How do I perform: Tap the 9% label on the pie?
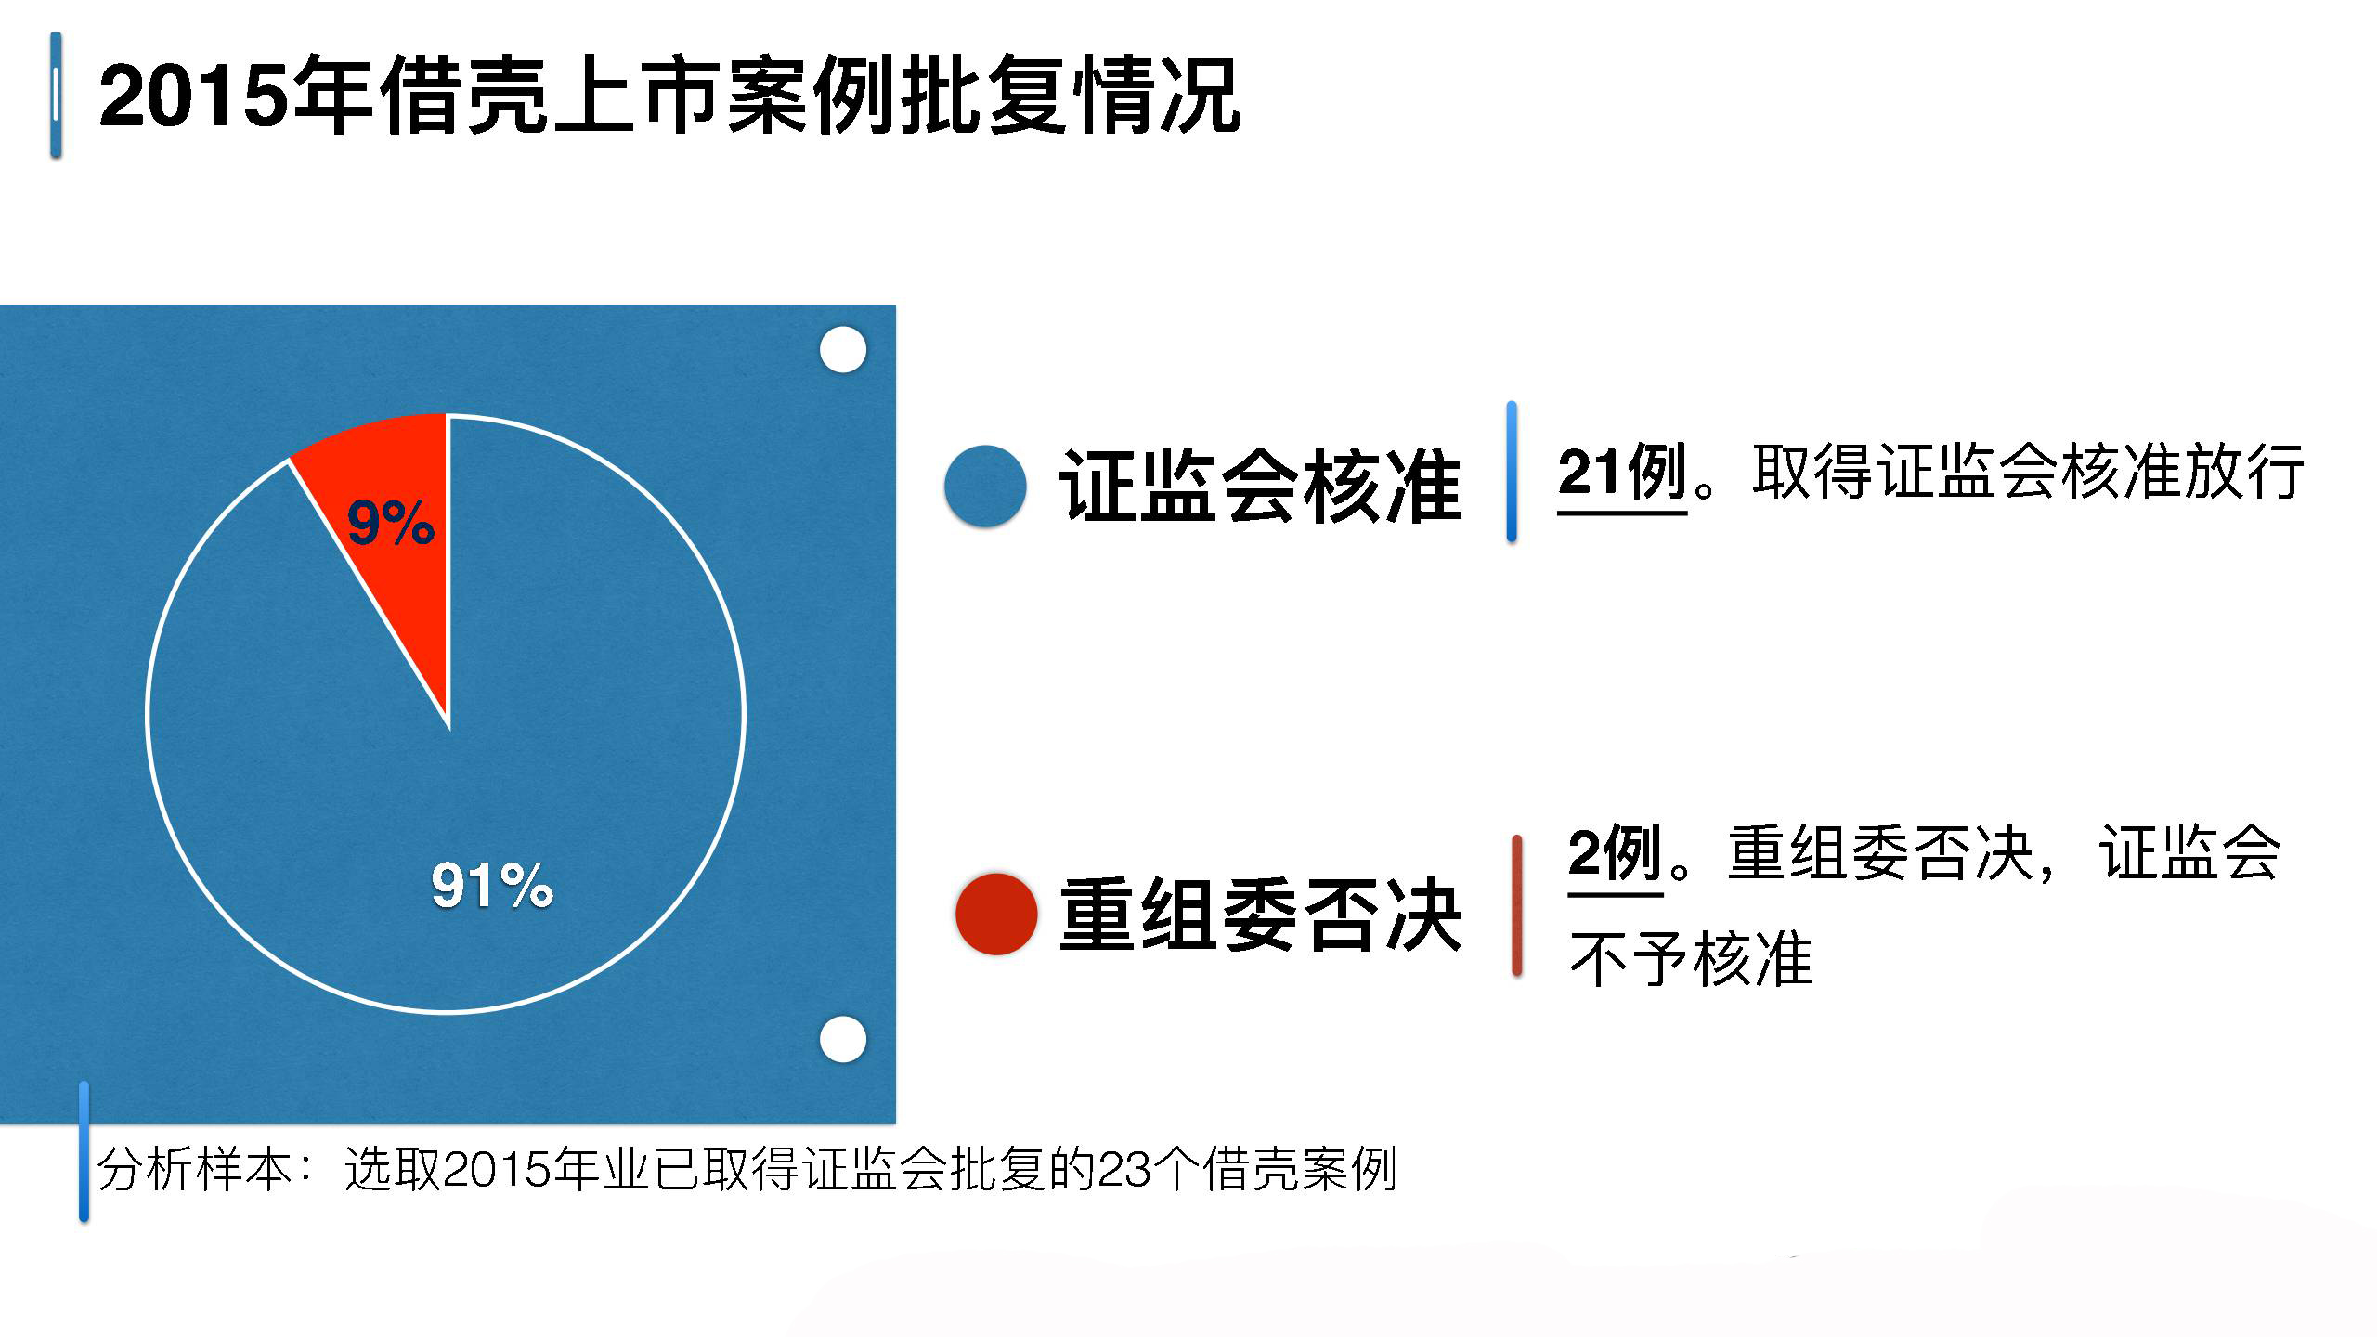click(x=391, y=522)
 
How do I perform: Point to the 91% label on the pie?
click(x=492, y=884)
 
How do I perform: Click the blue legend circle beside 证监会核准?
click(x=985, y=487)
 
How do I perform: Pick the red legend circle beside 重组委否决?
click(x=996, y=914)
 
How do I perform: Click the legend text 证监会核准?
click(x=1261, y=486)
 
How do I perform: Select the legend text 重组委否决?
click(x=1261, y=915)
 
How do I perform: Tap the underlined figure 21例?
click(x=1622, y=474)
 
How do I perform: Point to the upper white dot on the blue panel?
click(x=843, y=350)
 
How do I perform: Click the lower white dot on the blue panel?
click(x=843, y=1039)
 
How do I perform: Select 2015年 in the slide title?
click(x=236, y=96)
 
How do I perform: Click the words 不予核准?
click(x=1691, y=959)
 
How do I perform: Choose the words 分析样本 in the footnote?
click(x=196, y=1169)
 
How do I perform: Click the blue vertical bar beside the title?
click(x=56, y=95)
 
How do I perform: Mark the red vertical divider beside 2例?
click(x=1517, y=906)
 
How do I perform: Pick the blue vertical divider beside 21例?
click(x=1512, y=472)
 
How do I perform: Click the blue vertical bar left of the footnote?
click(x=84, y=1151)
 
